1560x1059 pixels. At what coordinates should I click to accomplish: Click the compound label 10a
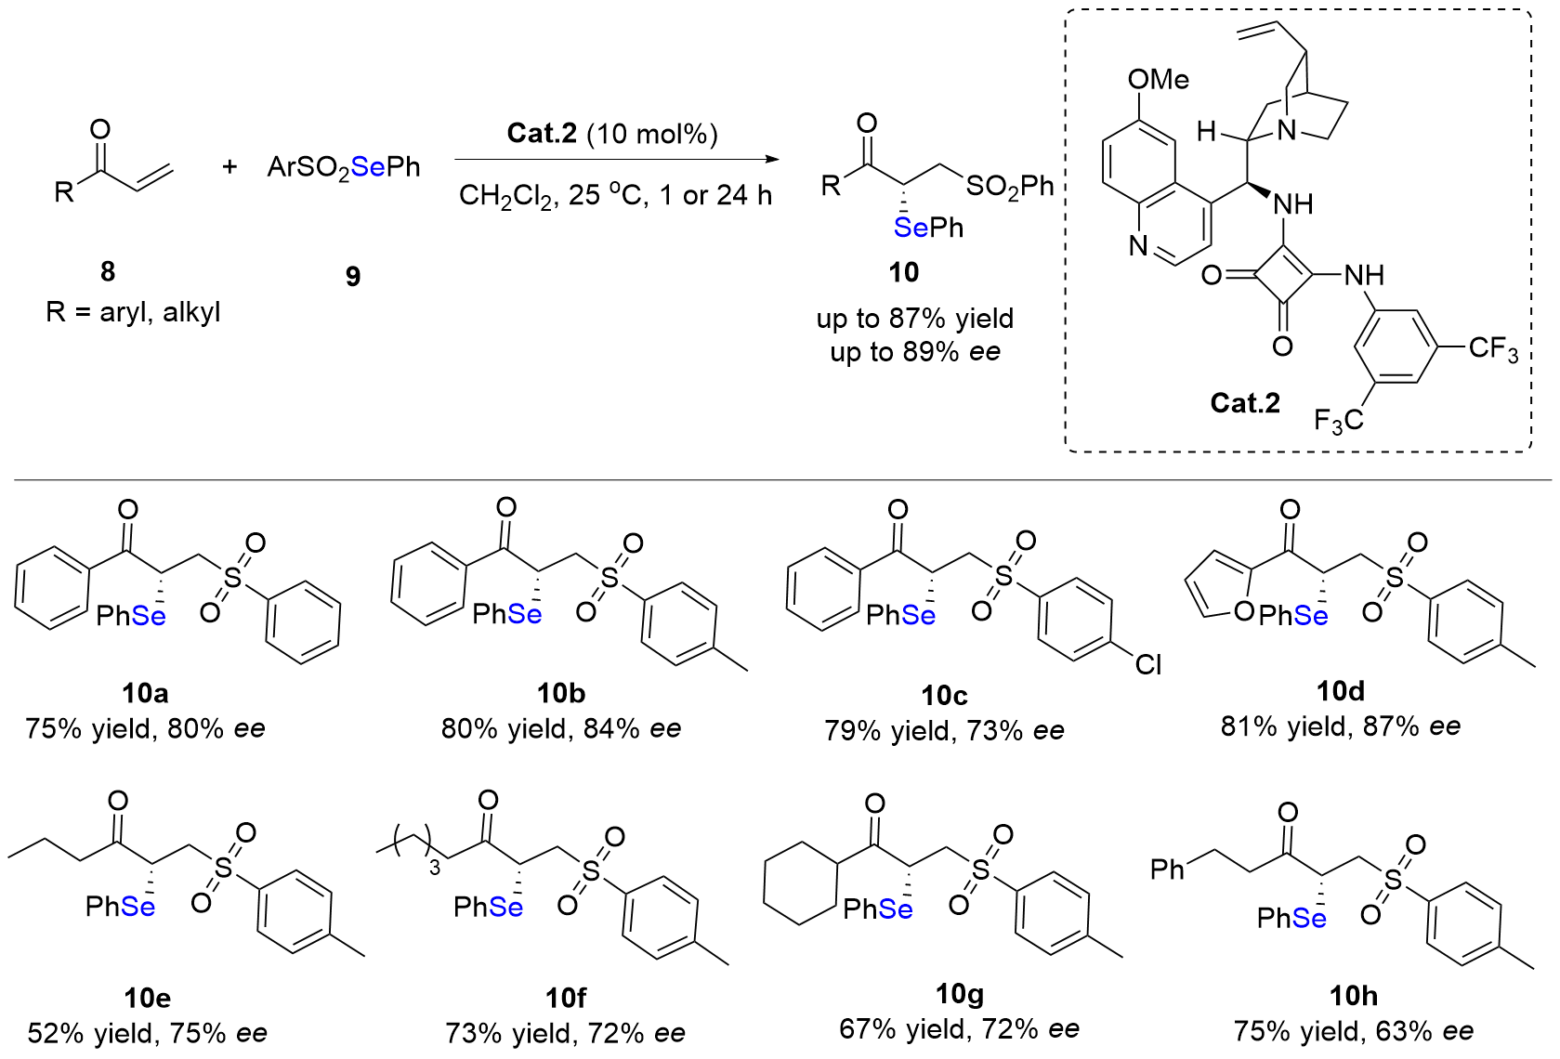coord(145,693)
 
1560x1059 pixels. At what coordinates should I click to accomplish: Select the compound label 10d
coord(1341,691)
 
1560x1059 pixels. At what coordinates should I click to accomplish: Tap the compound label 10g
coord(959,995)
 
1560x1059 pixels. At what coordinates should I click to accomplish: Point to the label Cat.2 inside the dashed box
coord(1245,403)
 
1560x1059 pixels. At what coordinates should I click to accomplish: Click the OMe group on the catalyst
coord(1158,80)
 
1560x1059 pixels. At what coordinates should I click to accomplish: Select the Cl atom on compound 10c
coord(1148,665)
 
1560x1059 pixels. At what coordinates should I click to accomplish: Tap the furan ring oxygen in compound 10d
coord(1244,612)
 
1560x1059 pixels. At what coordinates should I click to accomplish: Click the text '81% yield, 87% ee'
coord(1341,726)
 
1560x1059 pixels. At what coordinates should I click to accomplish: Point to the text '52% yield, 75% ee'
coord(147,1033)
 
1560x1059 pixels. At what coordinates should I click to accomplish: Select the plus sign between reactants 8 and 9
coord(229,166)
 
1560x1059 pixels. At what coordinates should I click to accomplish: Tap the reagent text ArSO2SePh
coord(344,167)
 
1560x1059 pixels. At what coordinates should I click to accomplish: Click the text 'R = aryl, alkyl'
coord(133,312)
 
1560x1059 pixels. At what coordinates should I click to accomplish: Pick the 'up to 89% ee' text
coord(915,352)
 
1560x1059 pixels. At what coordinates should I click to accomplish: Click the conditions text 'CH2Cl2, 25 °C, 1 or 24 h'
coord(615,196)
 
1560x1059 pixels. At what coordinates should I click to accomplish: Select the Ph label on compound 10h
coord(1168,869)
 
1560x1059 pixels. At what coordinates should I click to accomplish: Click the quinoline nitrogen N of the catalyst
coord(1139,246)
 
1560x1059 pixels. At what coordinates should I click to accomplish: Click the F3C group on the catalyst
coord(1338,421)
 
